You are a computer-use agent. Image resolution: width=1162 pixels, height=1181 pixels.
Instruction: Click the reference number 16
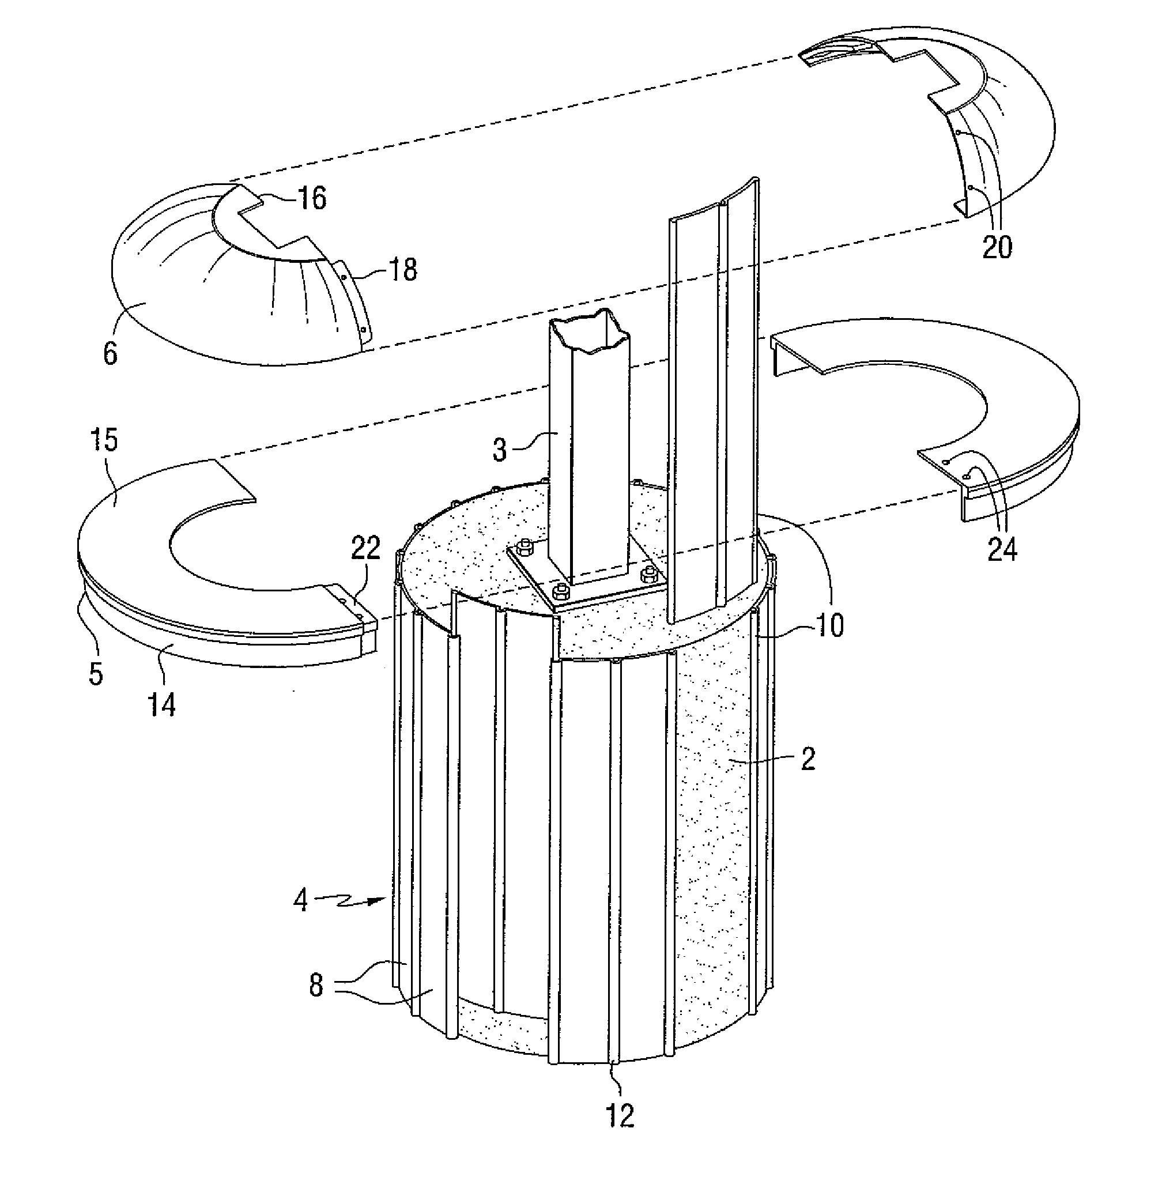(311, 198)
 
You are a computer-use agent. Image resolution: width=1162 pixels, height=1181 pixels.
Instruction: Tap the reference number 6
(111, 353)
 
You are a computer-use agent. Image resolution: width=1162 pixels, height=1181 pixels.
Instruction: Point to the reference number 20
(997, 247)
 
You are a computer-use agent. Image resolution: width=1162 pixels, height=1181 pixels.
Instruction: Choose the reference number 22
(365, 548)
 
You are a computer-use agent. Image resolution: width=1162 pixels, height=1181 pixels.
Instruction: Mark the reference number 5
(96, 674)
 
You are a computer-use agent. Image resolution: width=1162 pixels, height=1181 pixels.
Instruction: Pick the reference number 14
(162, 705)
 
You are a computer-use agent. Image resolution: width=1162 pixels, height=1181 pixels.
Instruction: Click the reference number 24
(1003, 549)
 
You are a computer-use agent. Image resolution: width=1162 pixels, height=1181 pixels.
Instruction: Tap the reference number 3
(500, 450)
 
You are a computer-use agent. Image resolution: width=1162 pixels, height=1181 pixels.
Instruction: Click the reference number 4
(300, 900)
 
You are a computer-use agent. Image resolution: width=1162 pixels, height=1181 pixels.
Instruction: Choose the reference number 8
(315, 985)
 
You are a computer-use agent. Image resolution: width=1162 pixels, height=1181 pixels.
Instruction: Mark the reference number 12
(620, 1116)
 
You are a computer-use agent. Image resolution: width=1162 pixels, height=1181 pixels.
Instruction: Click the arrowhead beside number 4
(382, 898)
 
